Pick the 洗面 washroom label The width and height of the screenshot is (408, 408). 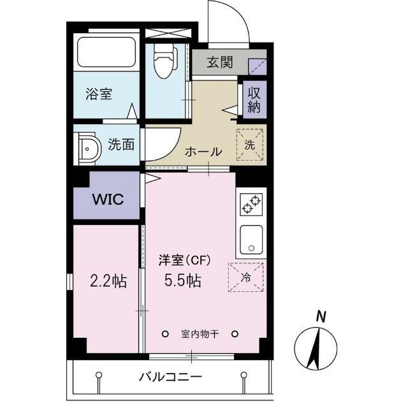120,144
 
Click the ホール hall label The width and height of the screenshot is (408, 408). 203,152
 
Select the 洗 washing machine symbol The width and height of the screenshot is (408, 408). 251,144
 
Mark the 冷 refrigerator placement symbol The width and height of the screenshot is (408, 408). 246,277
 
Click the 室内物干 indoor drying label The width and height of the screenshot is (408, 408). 200,334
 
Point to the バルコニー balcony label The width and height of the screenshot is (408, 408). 170,377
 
